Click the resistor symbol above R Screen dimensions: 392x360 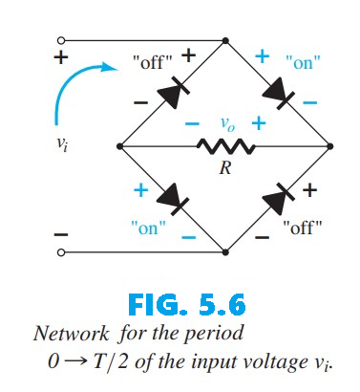[x=223, y=146]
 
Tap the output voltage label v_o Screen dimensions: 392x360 [x=225, y=123]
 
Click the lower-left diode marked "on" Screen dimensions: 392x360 [x=172, y=199]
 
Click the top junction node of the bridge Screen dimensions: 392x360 [x=225, y=41]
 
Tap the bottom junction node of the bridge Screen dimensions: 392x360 [x=225, y=252]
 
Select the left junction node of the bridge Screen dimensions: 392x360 [x=119, y=146]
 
